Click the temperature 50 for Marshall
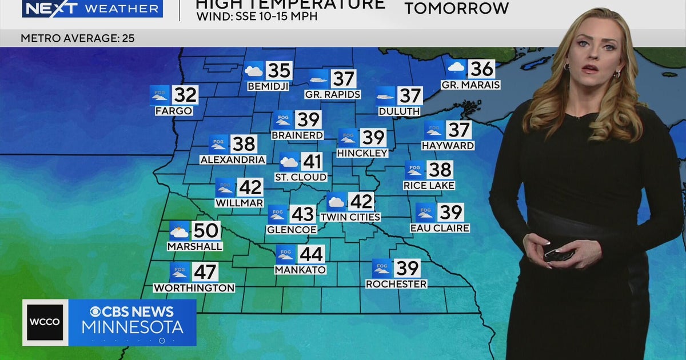206,231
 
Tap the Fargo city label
174,111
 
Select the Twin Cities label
350,217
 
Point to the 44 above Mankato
311,254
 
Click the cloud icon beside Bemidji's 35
254,71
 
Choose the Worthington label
194,288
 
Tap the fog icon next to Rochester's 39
382,268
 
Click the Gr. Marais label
470,85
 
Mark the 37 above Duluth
410,96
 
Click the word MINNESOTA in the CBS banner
132,327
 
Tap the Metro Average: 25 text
78,39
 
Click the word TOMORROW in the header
457,9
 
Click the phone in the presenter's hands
559,254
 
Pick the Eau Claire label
440,228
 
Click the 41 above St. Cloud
312,162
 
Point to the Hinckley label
362,153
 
